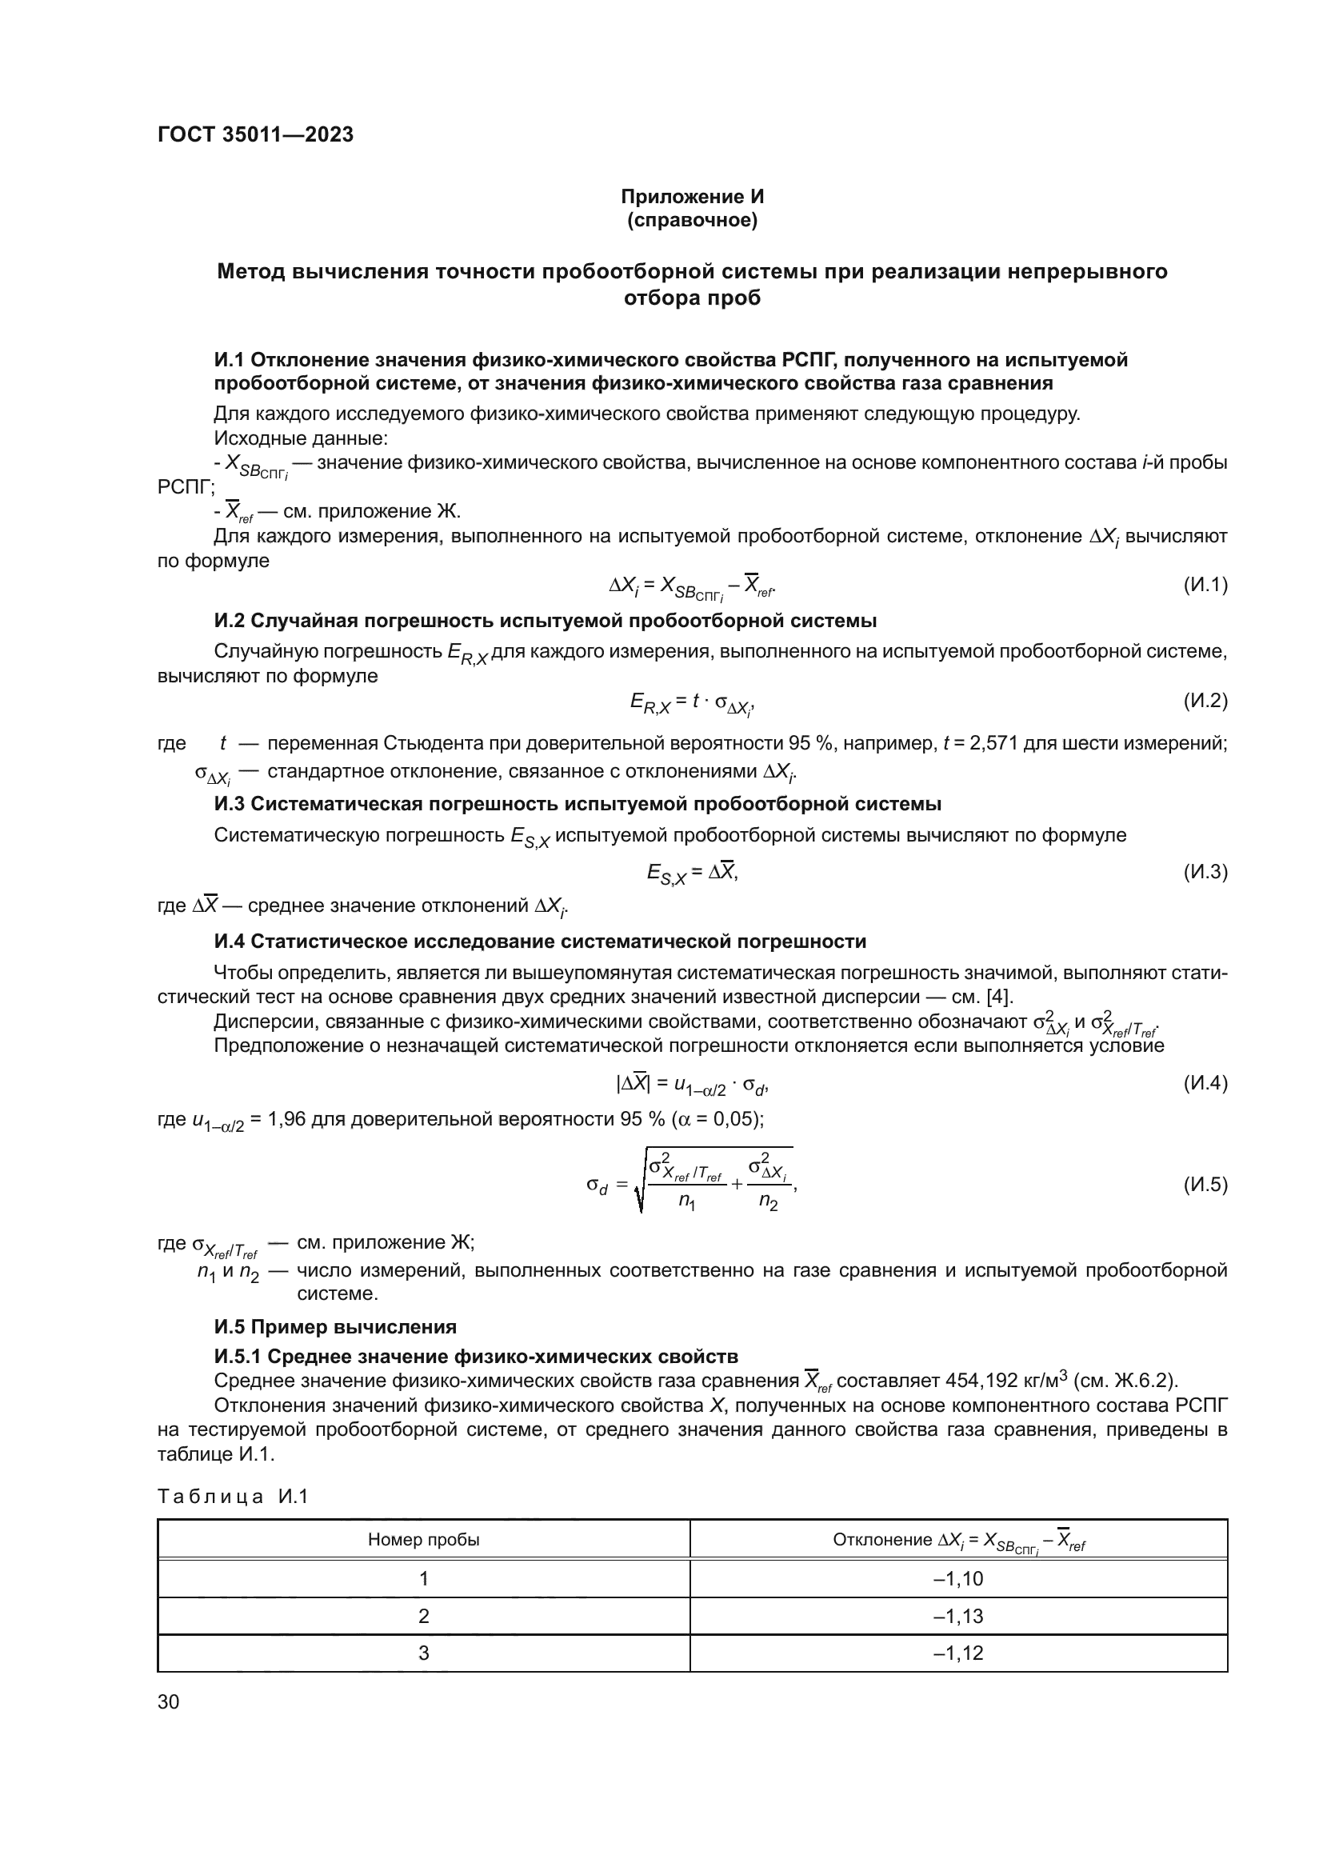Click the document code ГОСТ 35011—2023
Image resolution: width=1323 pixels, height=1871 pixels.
(255, 134)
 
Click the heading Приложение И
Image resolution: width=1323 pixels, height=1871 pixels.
(692, 197)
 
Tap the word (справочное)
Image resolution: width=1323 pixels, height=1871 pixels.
(692, 221)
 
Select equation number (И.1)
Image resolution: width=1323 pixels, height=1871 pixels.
(1204, 584)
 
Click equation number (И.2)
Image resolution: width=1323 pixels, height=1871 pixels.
(1204, 700)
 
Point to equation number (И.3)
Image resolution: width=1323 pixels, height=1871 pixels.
(1204, 871)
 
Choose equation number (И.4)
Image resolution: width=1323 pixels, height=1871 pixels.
(1204, 1083)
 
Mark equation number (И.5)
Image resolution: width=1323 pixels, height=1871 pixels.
(1204, 1184)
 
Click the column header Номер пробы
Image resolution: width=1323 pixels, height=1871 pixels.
(424, 1539)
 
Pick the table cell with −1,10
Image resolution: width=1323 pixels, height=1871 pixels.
(958, 1578)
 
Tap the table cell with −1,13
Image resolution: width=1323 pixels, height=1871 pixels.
(958, 1616)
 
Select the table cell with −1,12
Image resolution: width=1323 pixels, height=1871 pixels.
(958, 1653)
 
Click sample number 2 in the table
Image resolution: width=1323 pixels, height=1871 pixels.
(424, 1616)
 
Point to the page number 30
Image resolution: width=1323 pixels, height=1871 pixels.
(169, 1701)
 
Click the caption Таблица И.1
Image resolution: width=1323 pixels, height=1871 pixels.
(233, 1495)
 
